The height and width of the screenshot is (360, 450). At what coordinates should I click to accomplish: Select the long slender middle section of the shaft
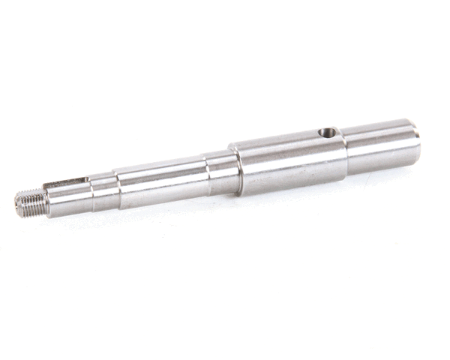[x=161, y=180]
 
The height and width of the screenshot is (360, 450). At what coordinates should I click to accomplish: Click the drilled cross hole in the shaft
[x=325, y=133]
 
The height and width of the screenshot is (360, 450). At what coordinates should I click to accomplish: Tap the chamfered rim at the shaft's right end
[x=415, y=140]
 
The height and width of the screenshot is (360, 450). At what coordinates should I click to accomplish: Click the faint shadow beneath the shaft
[x=225, y=206]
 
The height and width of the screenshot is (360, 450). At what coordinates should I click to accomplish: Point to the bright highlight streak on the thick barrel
[x=289, y=150]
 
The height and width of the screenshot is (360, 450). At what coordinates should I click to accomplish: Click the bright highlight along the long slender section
[x=161, y=174]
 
